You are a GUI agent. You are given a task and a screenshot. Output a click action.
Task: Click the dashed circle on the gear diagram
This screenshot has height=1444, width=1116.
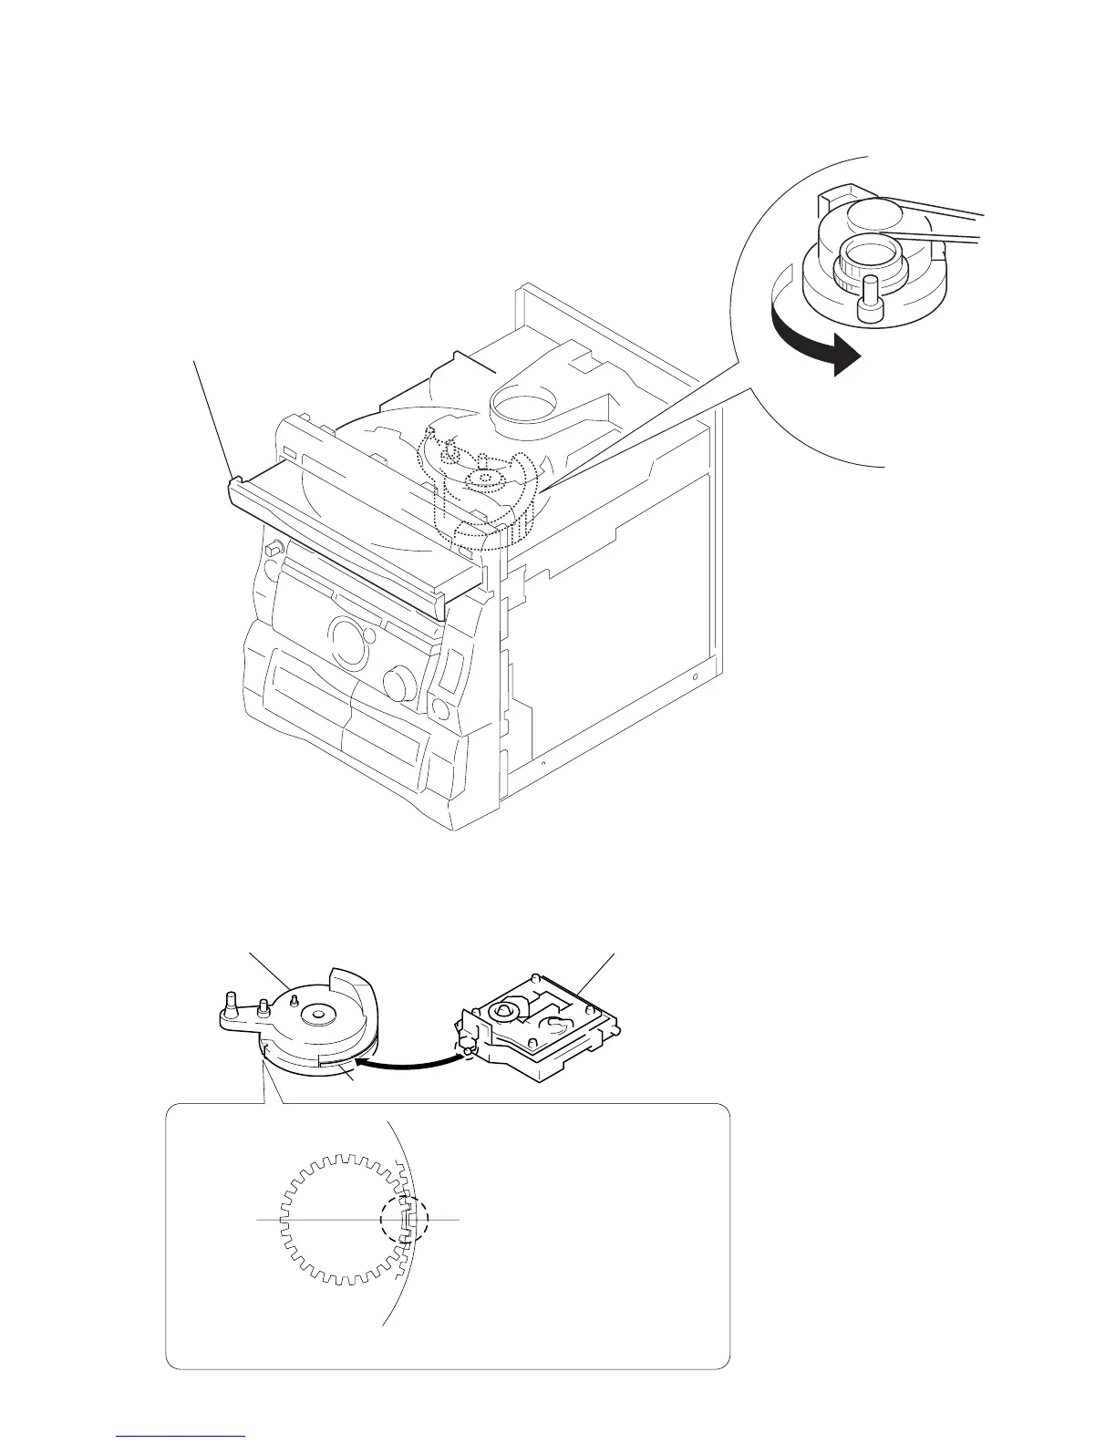click(x=403, y=1217)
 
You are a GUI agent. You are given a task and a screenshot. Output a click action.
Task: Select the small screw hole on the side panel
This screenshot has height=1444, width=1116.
click(x=695, y=678)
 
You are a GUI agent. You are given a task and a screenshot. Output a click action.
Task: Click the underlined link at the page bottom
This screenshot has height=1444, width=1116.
click(x=181, y=1438)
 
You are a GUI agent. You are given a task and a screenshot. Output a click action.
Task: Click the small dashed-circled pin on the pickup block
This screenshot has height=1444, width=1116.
click(x=467, y=1050)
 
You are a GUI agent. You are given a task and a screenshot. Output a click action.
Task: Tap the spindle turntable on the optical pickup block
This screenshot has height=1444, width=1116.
click(x=506, y=1009)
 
